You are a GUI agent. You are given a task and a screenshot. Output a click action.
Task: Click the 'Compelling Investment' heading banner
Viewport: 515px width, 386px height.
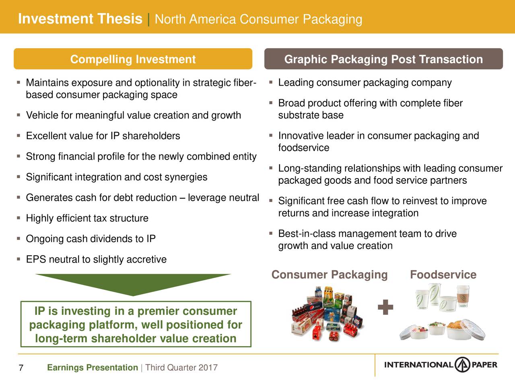[x=133, y=59]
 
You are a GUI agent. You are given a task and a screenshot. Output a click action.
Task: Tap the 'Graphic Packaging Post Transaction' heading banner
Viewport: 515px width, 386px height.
[x=383, y=59]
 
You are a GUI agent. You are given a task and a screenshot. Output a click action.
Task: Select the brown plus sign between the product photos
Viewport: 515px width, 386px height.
[x=385, y=307]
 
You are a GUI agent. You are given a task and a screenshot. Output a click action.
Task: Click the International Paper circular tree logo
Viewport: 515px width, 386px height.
[x=462, y=365]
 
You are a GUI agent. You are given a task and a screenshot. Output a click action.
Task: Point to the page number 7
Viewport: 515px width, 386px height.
[x=21, y=368]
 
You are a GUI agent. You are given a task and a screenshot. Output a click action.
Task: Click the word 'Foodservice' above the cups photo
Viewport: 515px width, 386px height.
[x=443, y=275]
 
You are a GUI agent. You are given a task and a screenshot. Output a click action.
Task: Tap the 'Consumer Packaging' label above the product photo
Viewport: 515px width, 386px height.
[x=330, y=275]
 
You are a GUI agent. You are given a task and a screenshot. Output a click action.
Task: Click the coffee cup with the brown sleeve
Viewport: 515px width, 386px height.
[x=463, y=296]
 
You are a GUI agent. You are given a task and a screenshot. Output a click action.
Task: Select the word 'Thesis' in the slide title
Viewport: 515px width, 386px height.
[x=119, y=18]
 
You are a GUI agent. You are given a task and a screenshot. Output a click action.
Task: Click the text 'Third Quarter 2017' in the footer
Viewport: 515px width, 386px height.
[x=181, y=368]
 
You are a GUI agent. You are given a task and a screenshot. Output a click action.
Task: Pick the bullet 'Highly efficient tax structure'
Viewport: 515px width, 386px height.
[x=87, y=218]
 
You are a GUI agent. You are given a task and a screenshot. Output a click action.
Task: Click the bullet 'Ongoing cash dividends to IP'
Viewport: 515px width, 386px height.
[x=91, y=239]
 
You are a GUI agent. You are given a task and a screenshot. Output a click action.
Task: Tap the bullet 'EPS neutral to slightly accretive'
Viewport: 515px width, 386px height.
[x=96, y=259]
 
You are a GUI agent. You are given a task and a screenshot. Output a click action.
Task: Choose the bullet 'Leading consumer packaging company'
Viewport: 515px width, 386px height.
[x=365, y=83]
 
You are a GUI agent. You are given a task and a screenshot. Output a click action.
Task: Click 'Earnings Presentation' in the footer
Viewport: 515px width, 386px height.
[x=93, y=368]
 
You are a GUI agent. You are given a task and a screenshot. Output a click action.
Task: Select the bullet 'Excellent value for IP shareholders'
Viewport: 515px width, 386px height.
[x=103, y=136]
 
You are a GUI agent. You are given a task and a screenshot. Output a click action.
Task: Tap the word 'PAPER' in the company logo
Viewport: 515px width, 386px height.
[x=484, y=365]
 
